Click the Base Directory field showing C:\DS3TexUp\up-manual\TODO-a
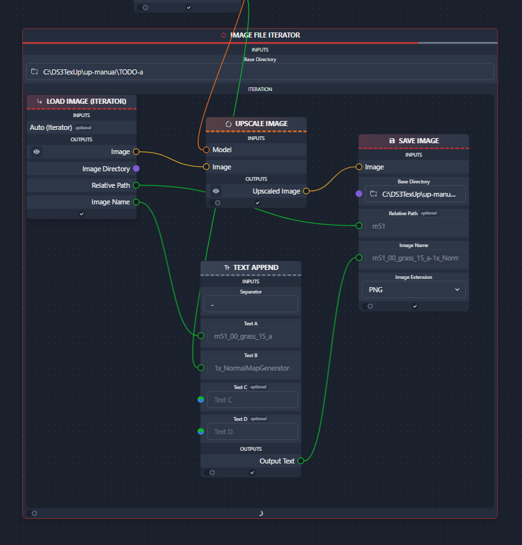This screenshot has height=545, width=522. (260, 72)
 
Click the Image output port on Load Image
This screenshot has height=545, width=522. (136, 152)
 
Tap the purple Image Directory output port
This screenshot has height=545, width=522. (136, 169)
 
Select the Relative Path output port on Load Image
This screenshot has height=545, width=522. (136, 185)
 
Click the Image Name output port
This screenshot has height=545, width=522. (136, 202)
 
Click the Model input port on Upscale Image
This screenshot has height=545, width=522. (206, 150)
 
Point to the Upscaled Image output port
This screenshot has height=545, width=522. (306, 191)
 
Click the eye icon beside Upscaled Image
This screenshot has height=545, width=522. (216, 191)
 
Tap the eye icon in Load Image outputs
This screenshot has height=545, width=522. (37, 152)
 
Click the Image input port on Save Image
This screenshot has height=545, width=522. (359, 167)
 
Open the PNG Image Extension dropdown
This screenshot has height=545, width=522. (414, 290)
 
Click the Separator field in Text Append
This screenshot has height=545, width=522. (251, 304)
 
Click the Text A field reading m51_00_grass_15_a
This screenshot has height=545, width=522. (251, 336)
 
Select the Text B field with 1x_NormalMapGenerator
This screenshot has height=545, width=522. (251, 367)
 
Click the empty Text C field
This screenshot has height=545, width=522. (251, 399)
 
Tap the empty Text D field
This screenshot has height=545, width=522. (251, 431)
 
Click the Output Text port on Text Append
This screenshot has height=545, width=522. (301, 461)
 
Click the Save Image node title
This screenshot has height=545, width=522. (418, 141)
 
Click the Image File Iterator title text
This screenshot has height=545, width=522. (265, 35)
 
